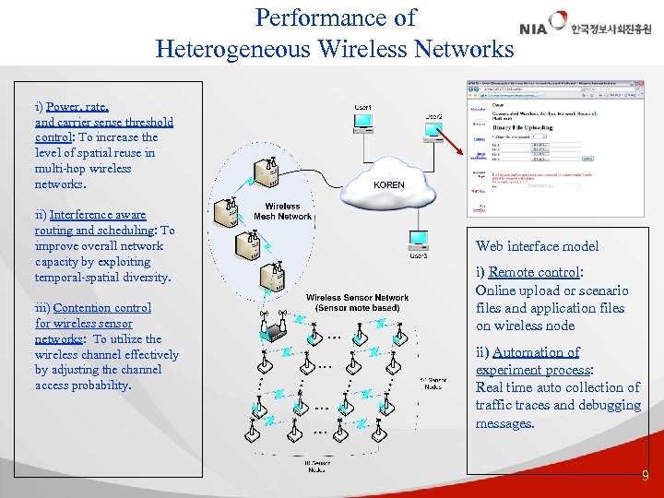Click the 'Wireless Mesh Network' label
282,211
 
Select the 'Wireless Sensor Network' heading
357,302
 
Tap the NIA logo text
533,29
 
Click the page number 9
646,476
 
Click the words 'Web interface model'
537,246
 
